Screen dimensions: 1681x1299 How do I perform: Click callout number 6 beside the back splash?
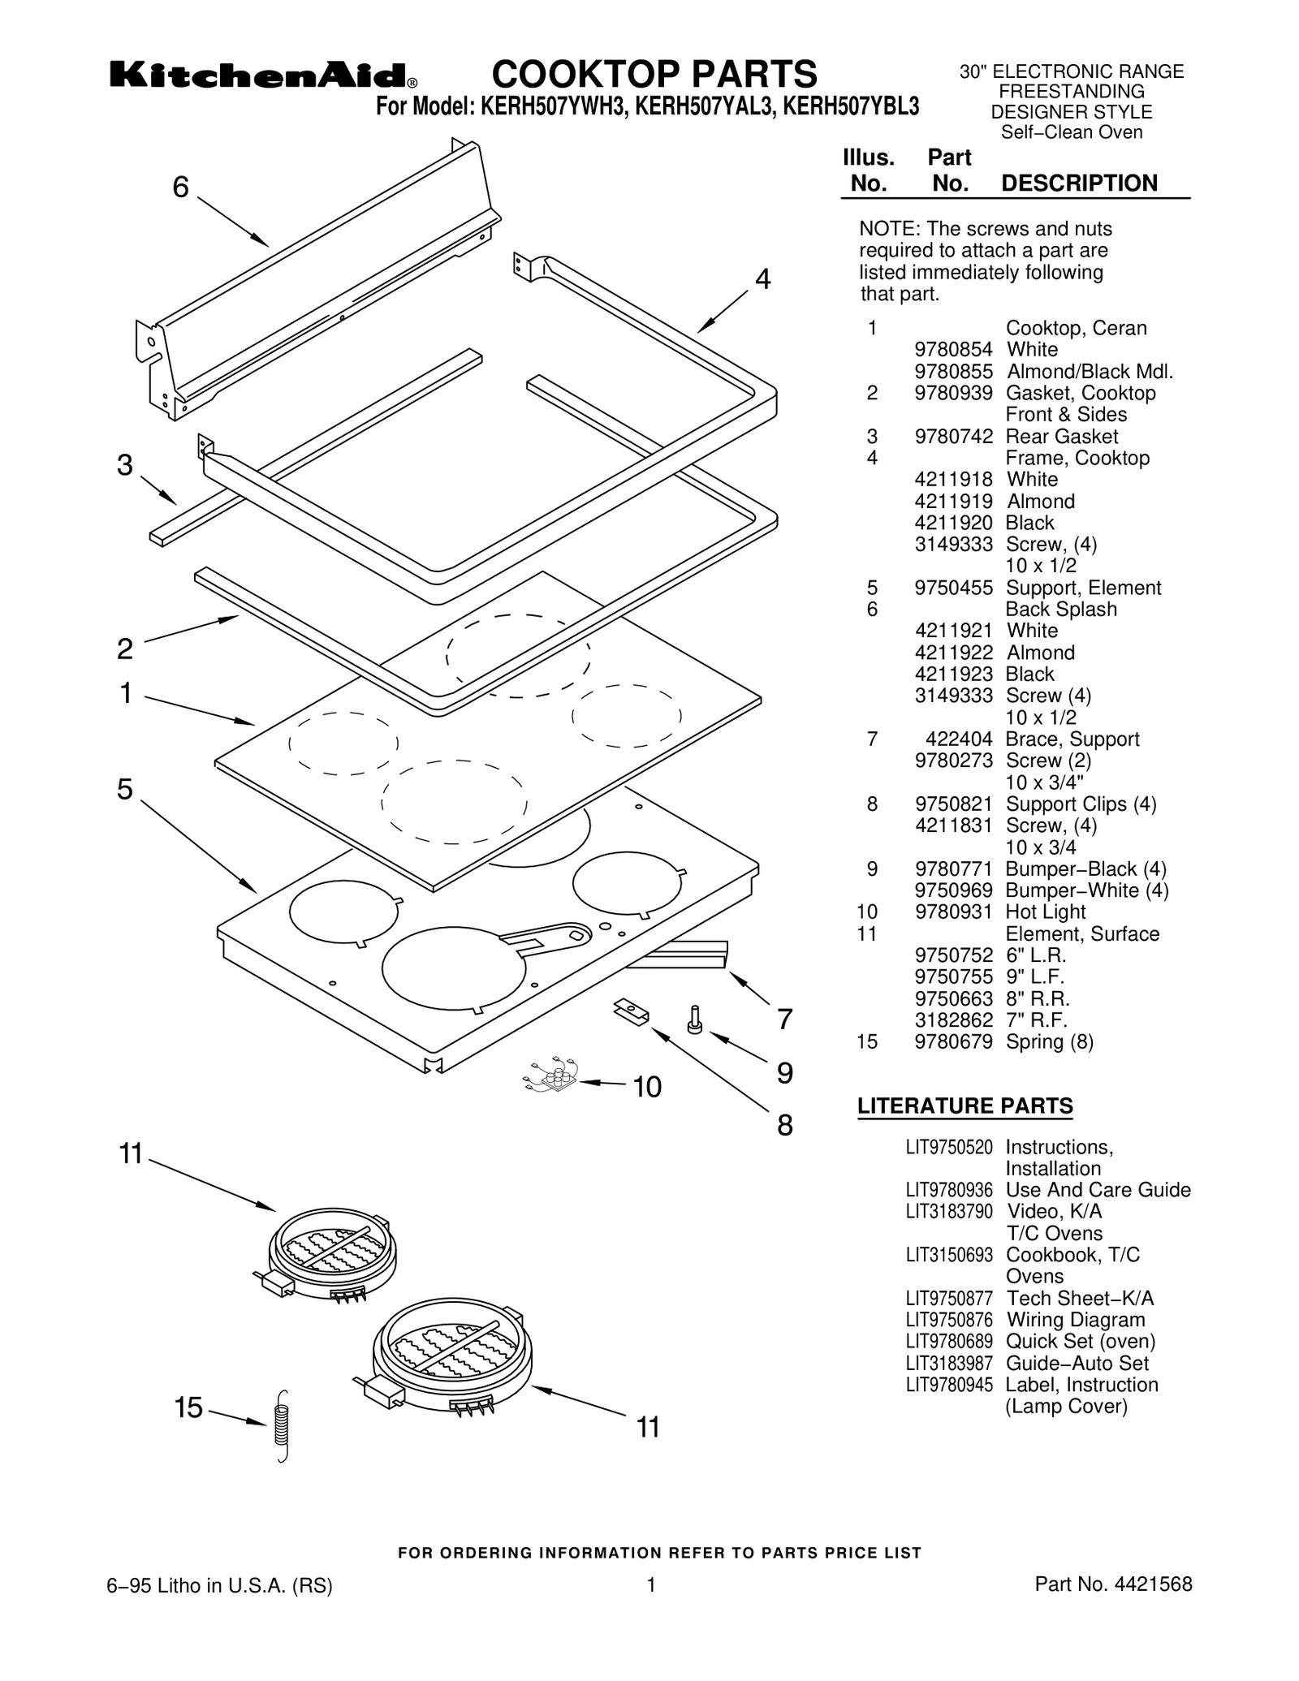point(180,187)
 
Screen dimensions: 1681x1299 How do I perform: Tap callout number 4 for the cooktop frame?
point(762,279)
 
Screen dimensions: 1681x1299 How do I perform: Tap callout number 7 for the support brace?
point(784,1019)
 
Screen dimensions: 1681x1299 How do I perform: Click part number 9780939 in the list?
point(953,393)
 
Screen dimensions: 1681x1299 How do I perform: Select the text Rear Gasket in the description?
point(1061,437)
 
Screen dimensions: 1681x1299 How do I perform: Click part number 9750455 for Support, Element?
point(953,588)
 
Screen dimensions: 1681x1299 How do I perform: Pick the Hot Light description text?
point(1045,912)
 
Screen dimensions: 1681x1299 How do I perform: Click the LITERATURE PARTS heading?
point(965,1106)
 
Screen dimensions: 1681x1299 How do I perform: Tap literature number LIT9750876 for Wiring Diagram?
point(948,1320)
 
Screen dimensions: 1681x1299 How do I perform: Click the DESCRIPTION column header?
point(1079,183)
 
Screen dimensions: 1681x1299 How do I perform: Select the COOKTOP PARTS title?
point(654,75)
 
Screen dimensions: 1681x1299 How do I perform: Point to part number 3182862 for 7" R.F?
point(953,1020)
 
